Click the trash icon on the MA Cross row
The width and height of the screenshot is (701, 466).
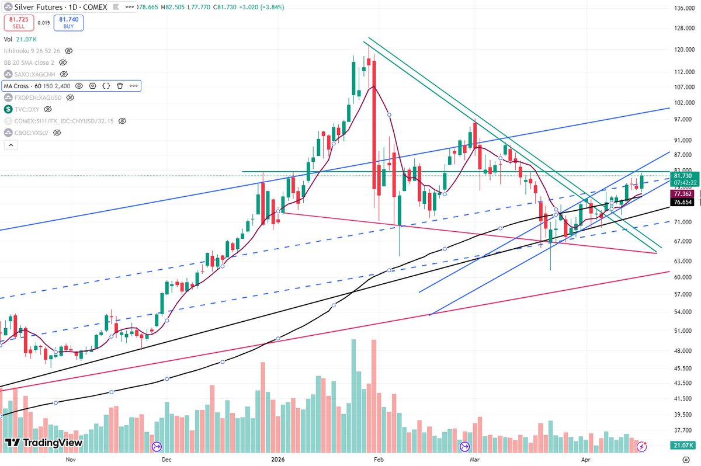click(120, 86)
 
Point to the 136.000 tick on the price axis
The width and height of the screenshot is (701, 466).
click(683, 8)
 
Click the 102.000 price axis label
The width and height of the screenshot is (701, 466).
click(683, 103)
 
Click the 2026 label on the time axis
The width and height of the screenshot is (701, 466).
click(277, 459)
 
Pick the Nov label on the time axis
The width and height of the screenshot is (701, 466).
click(70, 459)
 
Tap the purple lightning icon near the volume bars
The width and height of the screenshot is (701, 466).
click(641, 447)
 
